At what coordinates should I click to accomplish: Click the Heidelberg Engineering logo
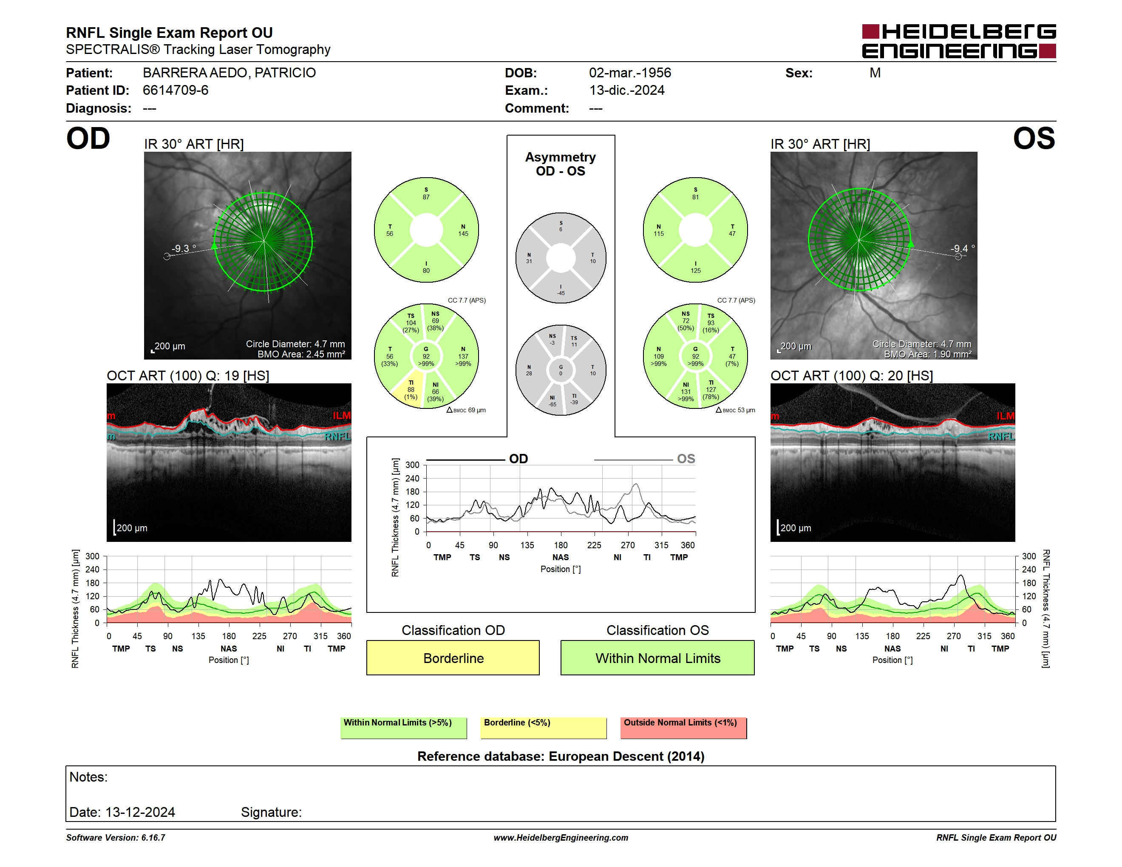point(959,41)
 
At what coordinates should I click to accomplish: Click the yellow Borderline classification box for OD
point(453,657)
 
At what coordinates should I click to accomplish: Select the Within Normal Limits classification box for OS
point(657,657)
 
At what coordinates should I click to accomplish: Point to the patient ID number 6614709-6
point(176,91)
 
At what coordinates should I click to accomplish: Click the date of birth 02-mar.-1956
point(630,73)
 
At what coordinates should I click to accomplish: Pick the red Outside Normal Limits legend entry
point(683,728)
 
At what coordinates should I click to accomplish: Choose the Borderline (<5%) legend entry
point(543,728)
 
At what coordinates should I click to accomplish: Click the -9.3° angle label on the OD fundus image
point(184,249)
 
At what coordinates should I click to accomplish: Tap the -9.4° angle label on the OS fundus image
point(962,249)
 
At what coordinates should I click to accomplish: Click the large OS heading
point(1034,139)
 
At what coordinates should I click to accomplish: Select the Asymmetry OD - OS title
point(561,164)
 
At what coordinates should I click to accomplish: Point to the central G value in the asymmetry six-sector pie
point(561,370)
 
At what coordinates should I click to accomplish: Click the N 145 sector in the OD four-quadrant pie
point(463,230)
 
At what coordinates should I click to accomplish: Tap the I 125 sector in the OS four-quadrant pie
point(696,267)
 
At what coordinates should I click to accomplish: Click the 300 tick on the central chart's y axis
point(412,465)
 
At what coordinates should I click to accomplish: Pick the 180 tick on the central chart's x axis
point(561,545)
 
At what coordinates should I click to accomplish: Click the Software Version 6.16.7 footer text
point(116,838)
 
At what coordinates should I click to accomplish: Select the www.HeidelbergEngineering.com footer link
point(561,838)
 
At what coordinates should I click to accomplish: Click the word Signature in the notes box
point(271,812)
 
